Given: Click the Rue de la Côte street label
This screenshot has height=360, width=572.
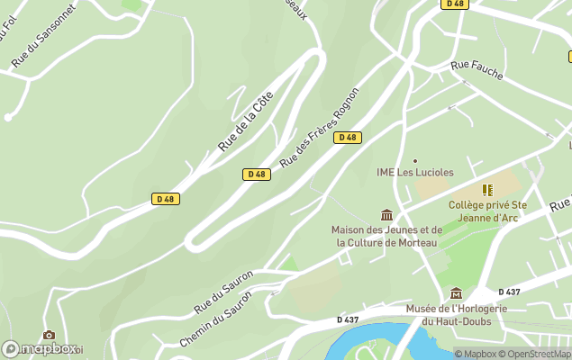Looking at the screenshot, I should click(x=245, y=123).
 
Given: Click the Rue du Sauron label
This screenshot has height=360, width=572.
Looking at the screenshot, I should click(x=223, y=292).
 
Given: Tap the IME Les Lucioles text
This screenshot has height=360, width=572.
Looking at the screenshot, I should click(x=414, y=172).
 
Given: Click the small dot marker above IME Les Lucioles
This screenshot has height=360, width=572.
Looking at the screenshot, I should click(x=414, y=160).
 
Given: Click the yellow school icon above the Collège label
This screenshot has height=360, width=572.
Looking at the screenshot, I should click(x=487, y=190).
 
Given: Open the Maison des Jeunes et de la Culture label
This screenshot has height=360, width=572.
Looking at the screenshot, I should click(x=386, y=236).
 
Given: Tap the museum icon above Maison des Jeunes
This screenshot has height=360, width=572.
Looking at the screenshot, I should click(x=386, y=215).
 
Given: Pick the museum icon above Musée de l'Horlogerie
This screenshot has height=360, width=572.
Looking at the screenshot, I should click(x=456, y=293).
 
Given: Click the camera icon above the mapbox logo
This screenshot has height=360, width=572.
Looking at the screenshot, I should click(x=49, y=336).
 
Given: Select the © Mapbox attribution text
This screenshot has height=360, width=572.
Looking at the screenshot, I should click(x=476, y=354).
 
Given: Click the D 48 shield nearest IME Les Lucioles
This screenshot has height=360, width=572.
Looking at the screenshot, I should click(x=347, y=138).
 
